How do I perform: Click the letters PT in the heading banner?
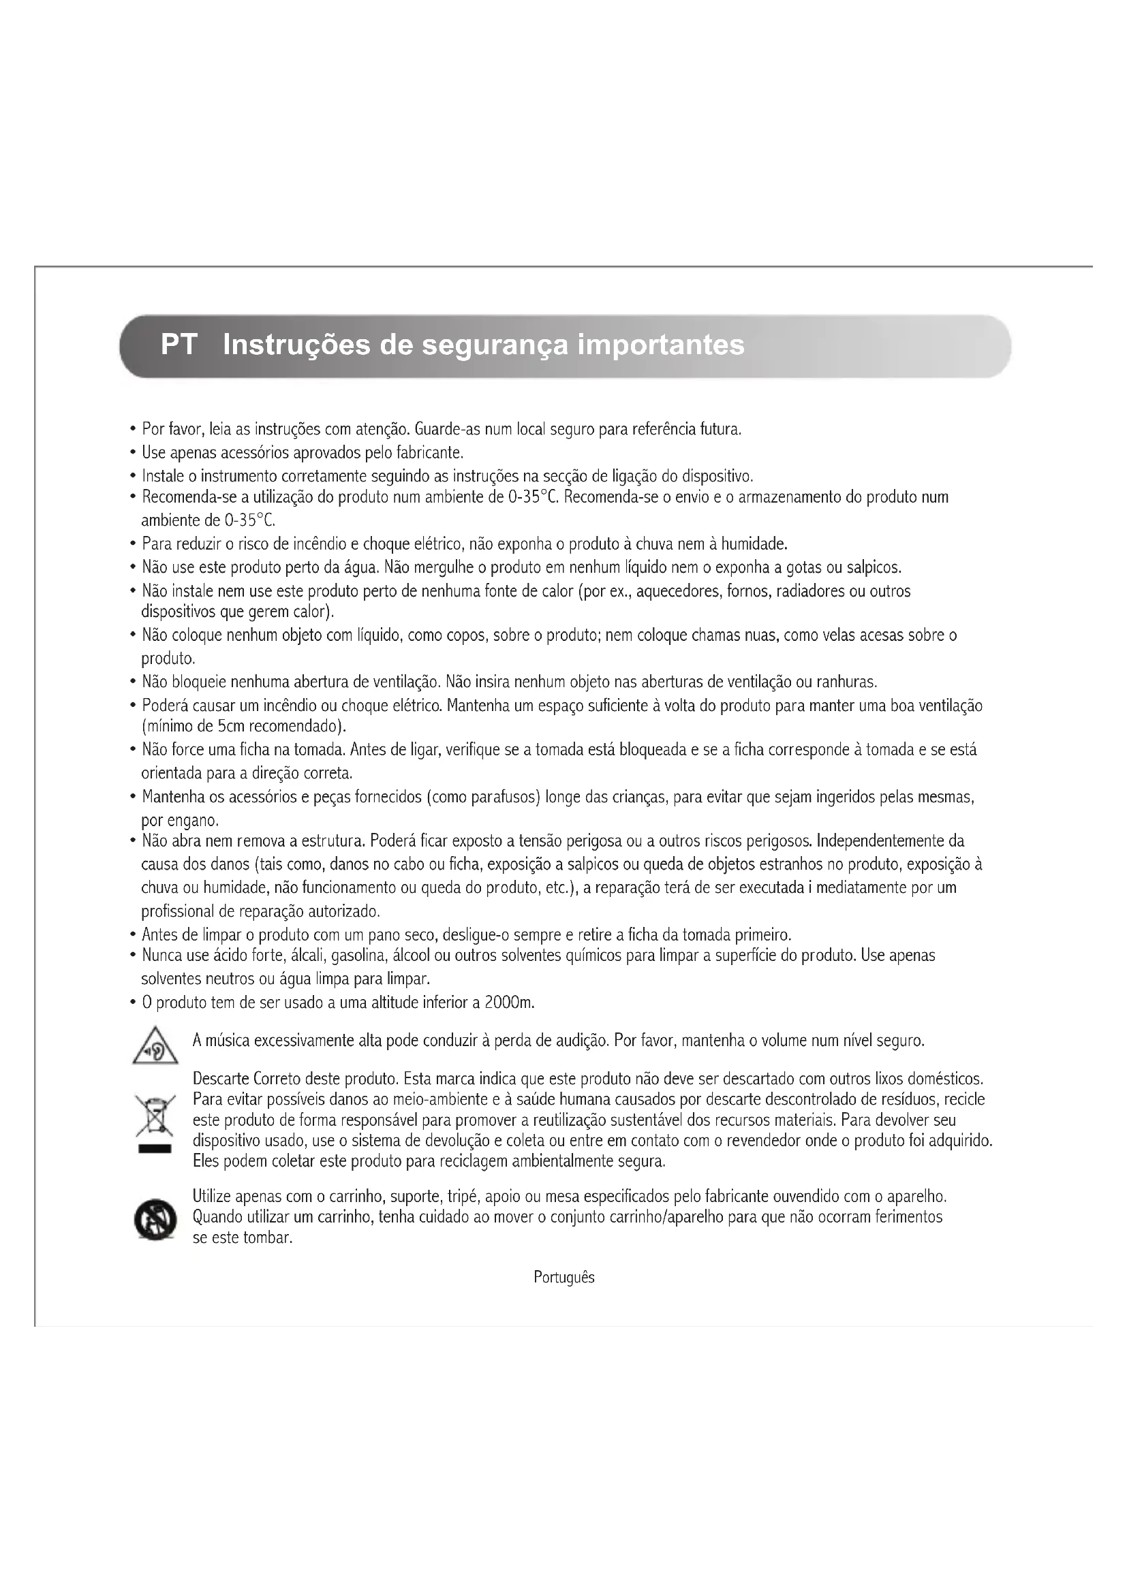click(179, 345)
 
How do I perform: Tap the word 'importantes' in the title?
click(661, 345)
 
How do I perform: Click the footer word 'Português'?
click(563, 1277)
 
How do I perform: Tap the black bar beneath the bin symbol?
click(155, 1150)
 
